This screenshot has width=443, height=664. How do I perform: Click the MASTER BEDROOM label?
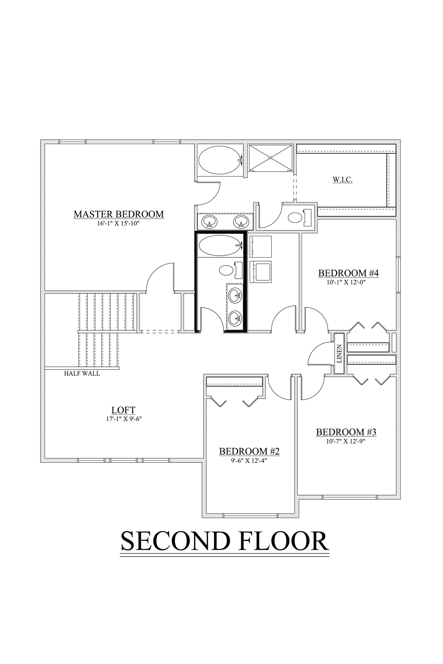coord(119,214)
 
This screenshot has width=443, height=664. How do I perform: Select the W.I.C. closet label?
coord(343,180)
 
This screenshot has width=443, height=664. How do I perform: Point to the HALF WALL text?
coord(82,373)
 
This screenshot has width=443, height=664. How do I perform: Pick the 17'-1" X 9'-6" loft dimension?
coord(124,419)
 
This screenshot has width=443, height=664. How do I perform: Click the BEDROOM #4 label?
coord(348,273)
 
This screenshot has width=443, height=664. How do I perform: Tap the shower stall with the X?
coord(270,158)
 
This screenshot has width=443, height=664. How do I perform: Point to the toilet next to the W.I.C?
coord(297,218)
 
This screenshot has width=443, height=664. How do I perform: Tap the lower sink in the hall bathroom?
coord(235,318)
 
